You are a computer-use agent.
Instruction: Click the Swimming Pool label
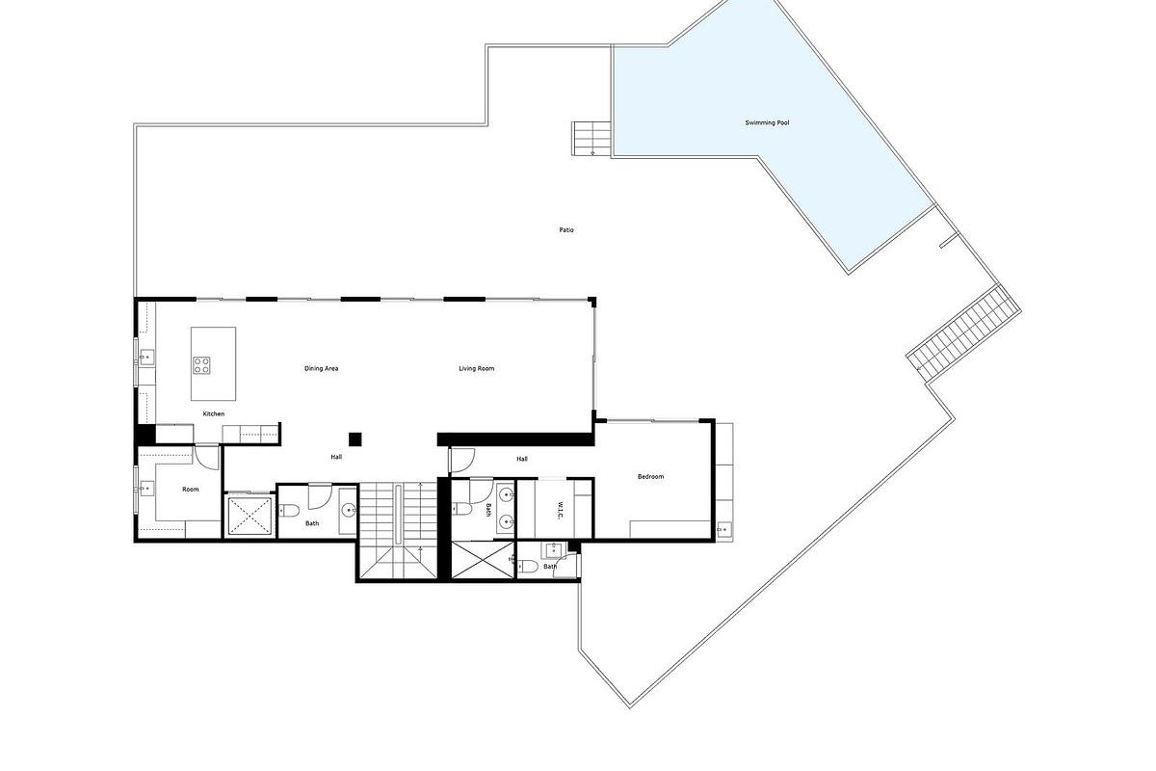point(767,123)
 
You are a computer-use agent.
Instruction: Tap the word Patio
point(566,229)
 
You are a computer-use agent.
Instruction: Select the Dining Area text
point(321,368)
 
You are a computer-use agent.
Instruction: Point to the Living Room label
point(476,368)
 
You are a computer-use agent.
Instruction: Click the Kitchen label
point(213,413)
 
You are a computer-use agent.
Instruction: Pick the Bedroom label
point(650,476)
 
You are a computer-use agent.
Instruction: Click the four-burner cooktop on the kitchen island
point(203,364)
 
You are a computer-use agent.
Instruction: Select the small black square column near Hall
point(355,439)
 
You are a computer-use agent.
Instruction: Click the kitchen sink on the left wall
point(145,359)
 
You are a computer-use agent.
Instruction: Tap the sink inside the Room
point(145,488)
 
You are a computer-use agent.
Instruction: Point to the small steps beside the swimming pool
point(591,138)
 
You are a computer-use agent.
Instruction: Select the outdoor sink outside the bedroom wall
point(723,528)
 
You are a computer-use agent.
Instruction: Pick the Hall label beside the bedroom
point(521,459)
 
